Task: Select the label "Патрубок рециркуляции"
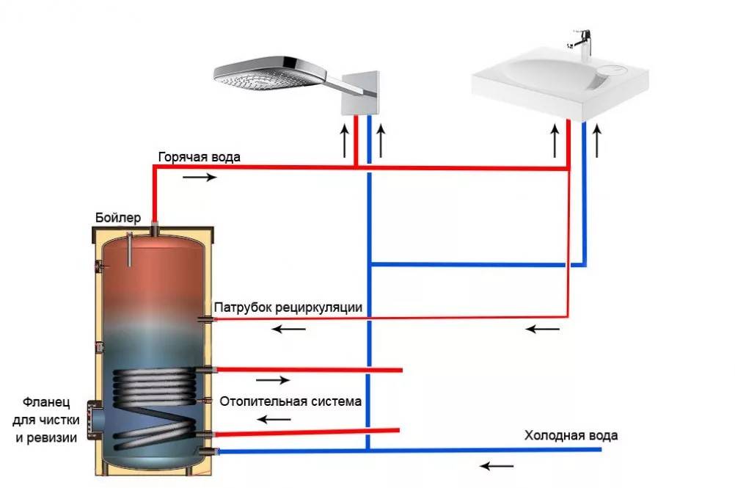click(x=288, y=307)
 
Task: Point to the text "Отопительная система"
click(x=288, y=402)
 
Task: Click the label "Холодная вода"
click(x=571, y=435)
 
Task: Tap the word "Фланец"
click(x=45, y=403)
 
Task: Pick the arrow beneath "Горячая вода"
click(x=200, y=177)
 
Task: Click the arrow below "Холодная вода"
click(x=497, y=465)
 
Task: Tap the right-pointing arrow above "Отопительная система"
click(x=274, y=381)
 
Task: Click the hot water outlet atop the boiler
click(x=156, y=229)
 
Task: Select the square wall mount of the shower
click(x=360, y=93)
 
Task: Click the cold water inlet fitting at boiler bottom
click(x=209, y=451)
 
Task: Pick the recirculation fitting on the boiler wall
click(x=206, y=318)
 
